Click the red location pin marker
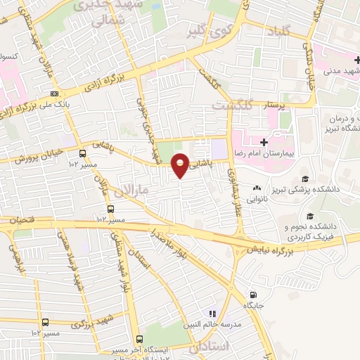[x=181, y=165]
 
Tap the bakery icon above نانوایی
[x=257, y=188]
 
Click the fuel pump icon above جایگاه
[x=254, y=295]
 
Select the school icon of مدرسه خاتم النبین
[x=210, y=314]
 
